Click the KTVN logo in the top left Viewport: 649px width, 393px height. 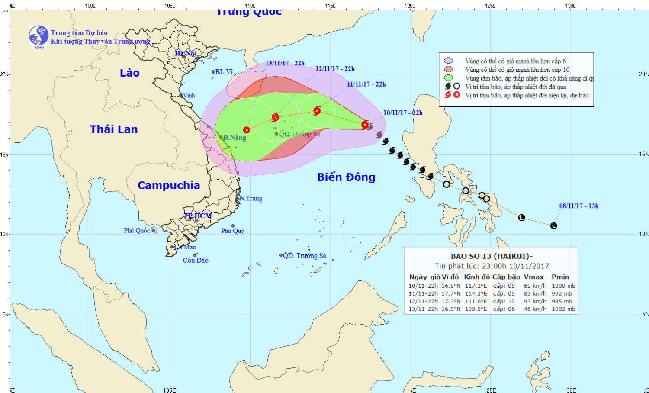[x=39, y=36]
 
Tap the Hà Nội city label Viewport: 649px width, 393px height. [x=186, y=53]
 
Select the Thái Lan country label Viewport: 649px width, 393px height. [x=114, y=129]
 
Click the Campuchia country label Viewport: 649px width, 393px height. [x=169, y=185]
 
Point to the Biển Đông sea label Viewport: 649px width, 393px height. [x=346, y=177]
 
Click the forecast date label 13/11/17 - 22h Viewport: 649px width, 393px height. [x=285, y=63]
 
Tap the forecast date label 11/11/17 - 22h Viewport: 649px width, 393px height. [x=366, y=84]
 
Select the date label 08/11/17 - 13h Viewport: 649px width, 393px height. [x=578, y=206]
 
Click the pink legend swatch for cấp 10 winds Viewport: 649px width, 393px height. [x=448, y=69]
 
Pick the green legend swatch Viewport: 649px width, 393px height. [x=448, y=78]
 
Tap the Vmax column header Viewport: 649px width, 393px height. [x=533, y=277]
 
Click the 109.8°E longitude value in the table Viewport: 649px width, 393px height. [x=476, y=309]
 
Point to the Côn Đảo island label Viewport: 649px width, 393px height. [x=196, y=261]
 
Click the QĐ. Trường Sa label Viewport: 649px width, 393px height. [x=304, y=256]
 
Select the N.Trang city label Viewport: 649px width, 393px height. [x=251, y=198]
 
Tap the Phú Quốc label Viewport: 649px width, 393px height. [x=137, y=230]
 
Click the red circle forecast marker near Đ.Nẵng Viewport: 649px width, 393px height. [x=247, y=130]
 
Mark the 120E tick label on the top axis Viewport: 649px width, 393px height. [x=410, y=6]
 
